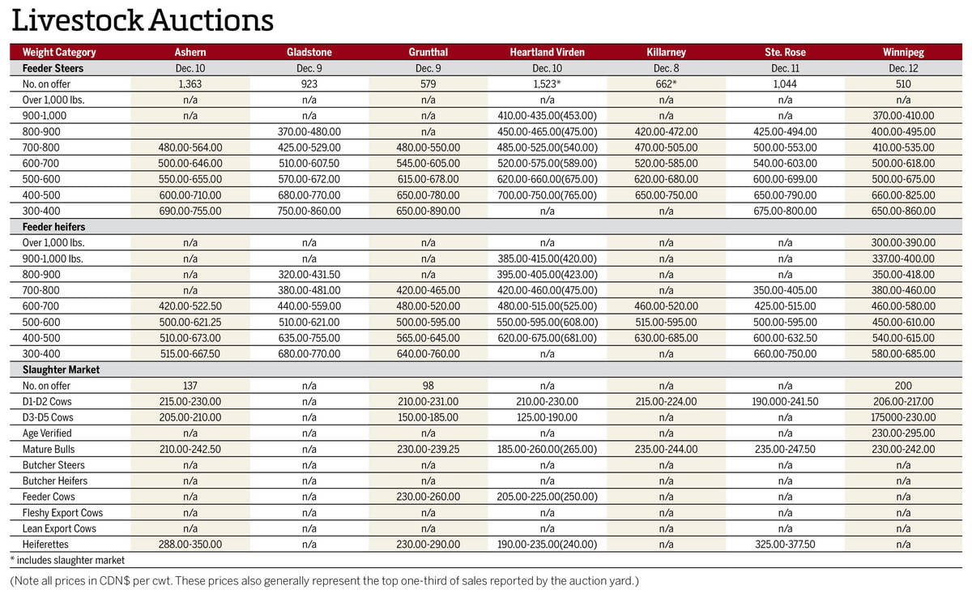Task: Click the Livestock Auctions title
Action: pos(143,19)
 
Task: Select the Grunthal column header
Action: pos(428,52)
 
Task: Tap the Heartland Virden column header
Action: pos(547,52)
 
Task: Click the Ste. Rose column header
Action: pos(784,52)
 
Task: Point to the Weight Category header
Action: pos(59,52)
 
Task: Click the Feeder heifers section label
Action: pos(54,227)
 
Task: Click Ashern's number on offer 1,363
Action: pos(190,83)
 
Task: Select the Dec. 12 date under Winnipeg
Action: pos(903,68)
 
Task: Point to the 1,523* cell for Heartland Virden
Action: pos(547,83)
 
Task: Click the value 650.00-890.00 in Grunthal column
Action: pos(428,211)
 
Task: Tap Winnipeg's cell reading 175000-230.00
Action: pos(903,417)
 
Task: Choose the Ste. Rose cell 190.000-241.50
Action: pos(784,401)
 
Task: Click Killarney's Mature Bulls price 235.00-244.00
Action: pos(666,449)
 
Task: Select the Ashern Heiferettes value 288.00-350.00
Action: pos(190,545)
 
